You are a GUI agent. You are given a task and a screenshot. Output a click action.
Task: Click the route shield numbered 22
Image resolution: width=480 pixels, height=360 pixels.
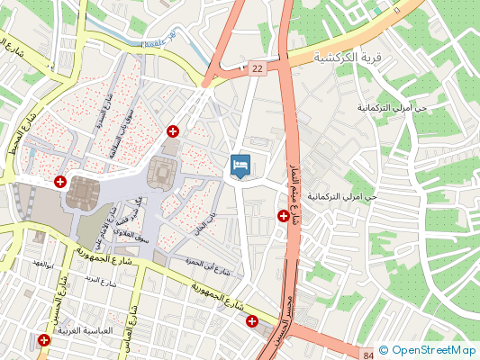[x=258, y=68]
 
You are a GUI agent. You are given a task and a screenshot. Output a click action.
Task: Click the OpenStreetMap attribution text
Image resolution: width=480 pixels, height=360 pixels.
[x=427, y=351]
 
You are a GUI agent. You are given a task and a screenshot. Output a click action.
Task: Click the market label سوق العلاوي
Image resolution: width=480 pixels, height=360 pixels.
[x=131, y=235]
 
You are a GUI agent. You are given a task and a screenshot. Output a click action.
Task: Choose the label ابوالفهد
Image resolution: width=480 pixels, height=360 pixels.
[x=44, y=263]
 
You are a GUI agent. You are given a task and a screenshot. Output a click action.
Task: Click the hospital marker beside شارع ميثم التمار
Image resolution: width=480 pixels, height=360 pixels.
[x=284, y=216]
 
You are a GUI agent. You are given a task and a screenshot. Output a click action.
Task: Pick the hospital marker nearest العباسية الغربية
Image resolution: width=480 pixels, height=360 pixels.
[x=43, y=339]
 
